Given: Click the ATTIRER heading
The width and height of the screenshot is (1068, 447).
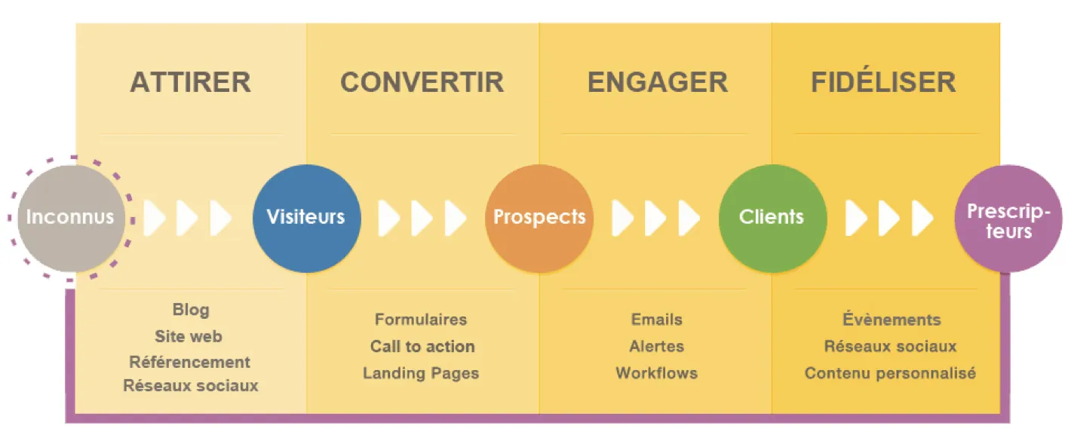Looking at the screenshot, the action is (190, 82).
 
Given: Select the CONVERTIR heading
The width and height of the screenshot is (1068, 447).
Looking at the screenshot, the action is (422, 82).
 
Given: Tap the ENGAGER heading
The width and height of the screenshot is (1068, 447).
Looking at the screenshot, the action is (658, 82).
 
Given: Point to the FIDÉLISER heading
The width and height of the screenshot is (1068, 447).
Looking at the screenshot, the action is (883, 80).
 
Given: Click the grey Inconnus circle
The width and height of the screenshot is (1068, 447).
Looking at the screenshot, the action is (71, 219).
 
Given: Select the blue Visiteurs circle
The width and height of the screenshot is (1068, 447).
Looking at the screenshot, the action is (306, 219).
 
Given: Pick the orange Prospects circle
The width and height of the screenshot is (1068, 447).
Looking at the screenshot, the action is (540, 219).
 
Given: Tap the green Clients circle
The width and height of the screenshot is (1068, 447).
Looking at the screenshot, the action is (772, 219).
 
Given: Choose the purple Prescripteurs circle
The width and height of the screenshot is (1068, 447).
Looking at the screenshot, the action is (1008, 219).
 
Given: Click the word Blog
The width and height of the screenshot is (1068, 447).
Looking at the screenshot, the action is (191, 310).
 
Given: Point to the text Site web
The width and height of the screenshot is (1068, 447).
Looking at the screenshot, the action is (189, 336).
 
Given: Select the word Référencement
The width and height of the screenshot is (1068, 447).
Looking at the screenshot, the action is (190, 362).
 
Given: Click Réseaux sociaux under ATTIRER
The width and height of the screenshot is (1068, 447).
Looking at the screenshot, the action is (191, 385).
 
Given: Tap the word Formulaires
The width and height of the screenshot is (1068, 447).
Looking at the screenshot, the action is (421, 320).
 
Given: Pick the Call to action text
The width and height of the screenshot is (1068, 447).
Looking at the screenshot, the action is (422, 347).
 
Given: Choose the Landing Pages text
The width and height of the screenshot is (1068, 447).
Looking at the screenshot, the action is (421, 373).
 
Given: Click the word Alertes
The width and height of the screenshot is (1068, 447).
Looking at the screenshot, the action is (656, 347).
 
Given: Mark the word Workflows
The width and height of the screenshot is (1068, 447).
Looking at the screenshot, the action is (656, 373).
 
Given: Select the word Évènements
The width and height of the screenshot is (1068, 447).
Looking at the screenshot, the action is (892, 318).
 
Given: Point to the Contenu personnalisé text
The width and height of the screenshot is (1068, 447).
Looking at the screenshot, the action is (890, 373).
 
